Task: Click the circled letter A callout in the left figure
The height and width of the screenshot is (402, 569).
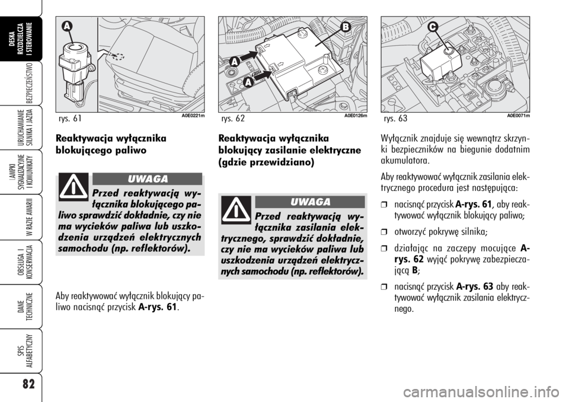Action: pyautogui.click(x=65, y=27)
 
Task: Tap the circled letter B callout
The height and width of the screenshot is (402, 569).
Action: pyautogui.click(x=346, y=27)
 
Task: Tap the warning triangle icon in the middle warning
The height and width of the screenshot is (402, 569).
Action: pyautogui.click(x=236, y=210)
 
